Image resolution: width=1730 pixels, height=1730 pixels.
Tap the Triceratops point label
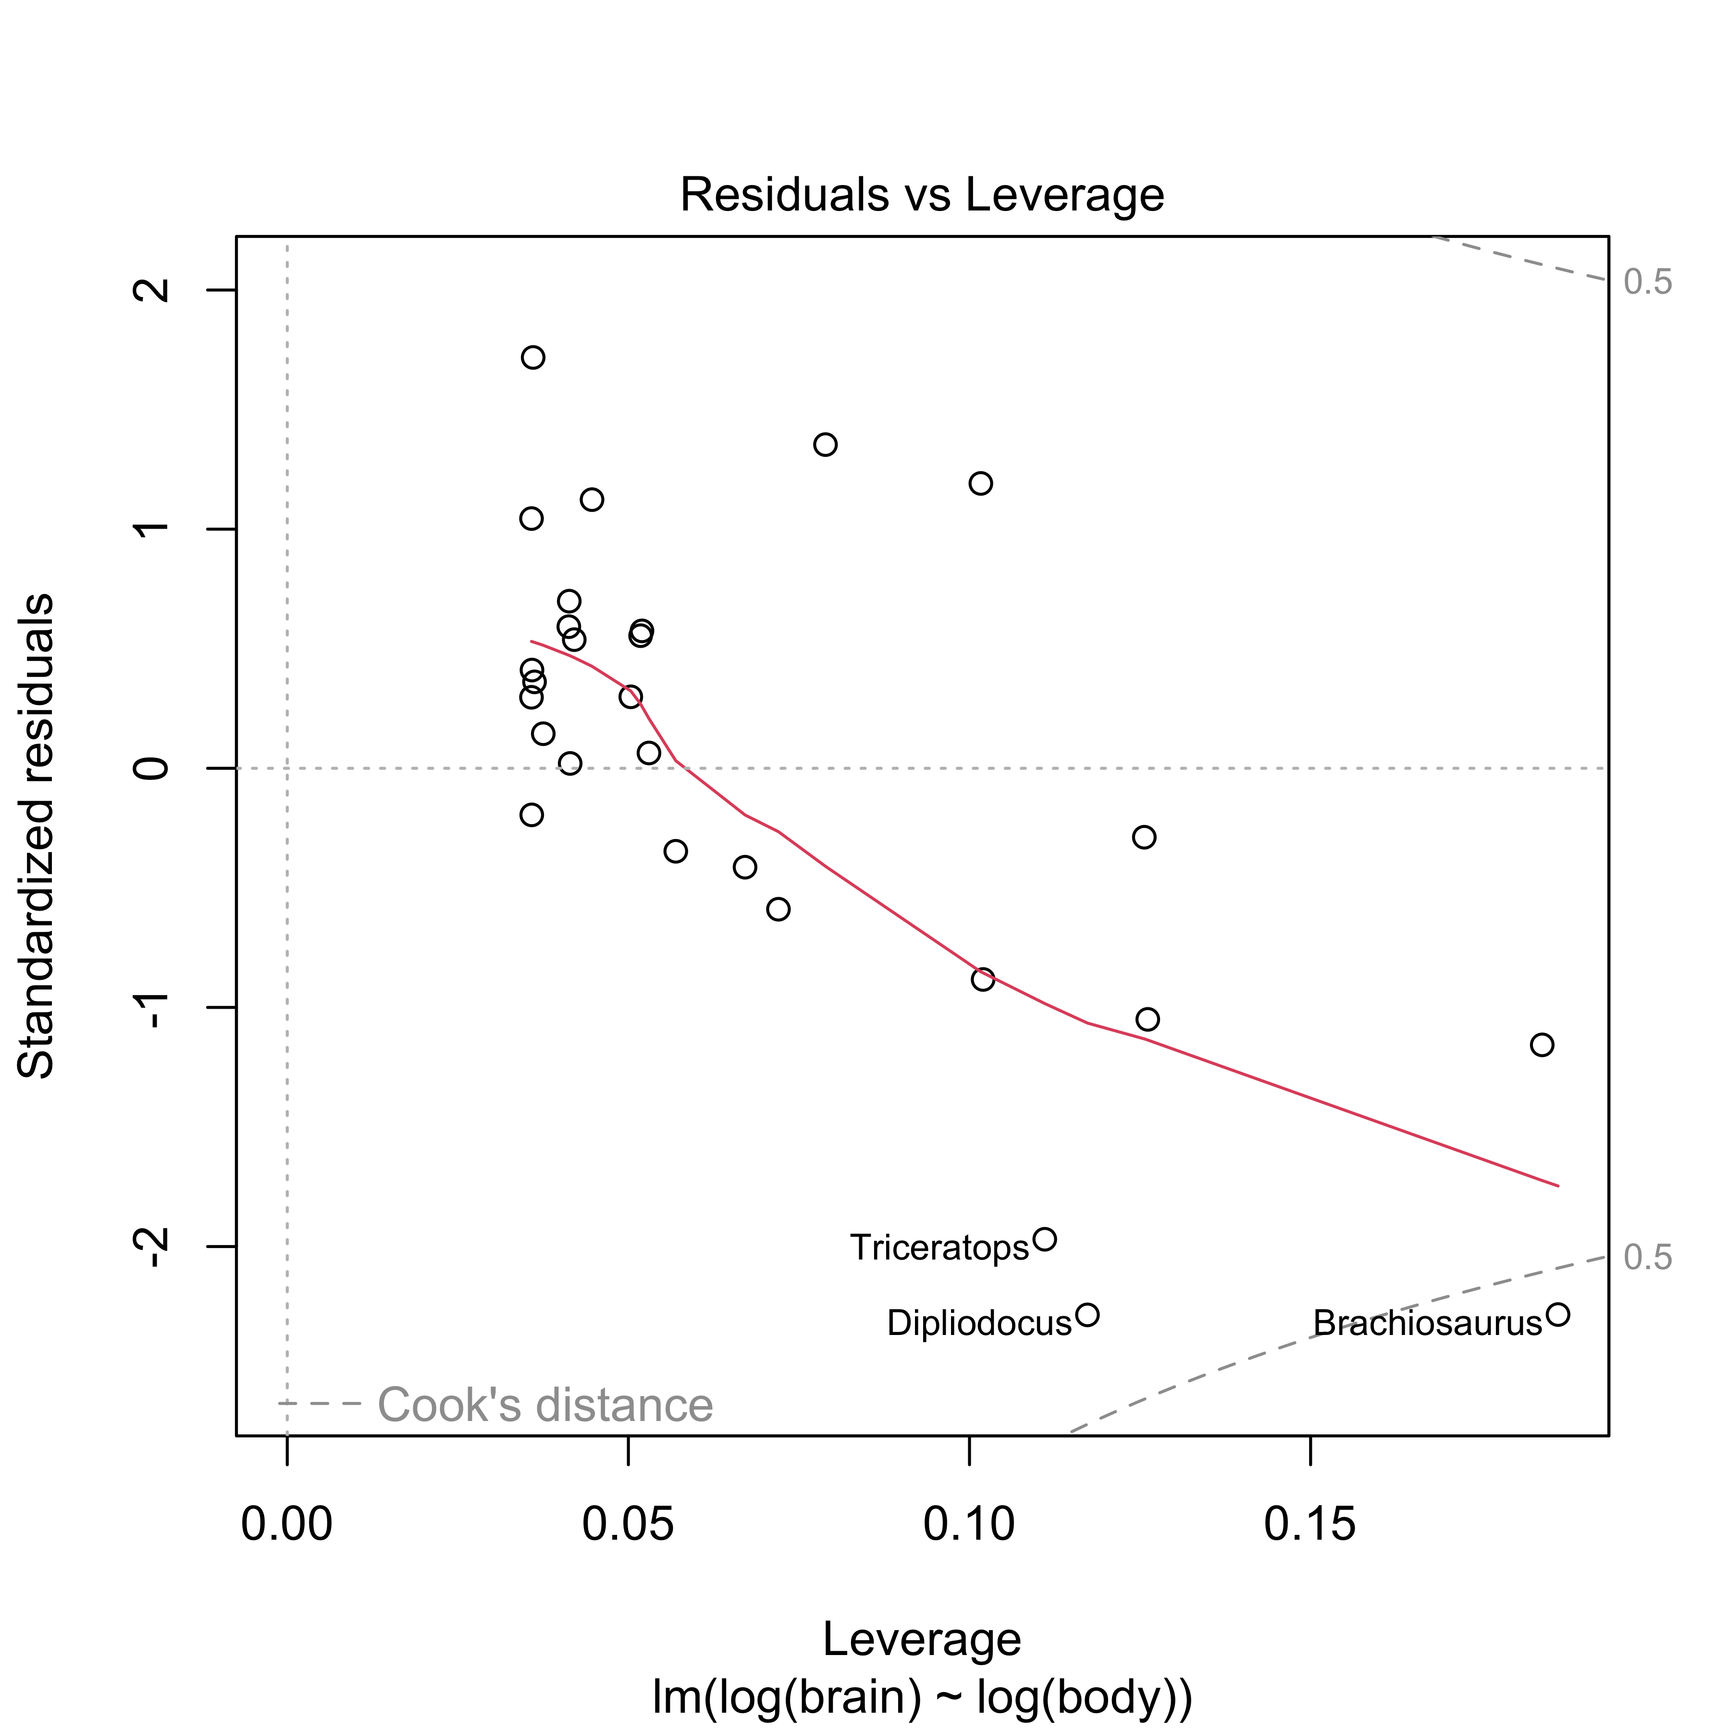pos(939,1248)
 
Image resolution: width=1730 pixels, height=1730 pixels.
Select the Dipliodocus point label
pos(979,1322)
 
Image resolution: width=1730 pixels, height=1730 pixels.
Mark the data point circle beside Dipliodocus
pos(1087,1314)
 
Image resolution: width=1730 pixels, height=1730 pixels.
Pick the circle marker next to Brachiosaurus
pos(1558,1314)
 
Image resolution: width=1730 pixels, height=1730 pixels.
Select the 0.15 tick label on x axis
pos(1310,1525)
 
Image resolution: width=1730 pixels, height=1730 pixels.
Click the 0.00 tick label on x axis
pos(286,1525)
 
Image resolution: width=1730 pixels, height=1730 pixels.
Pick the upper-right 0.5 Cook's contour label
pos(1648,283)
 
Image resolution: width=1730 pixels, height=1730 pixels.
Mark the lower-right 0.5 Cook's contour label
pos(1648,1258)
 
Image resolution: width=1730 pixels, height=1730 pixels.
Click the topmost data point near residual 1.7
pos(533,357)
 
